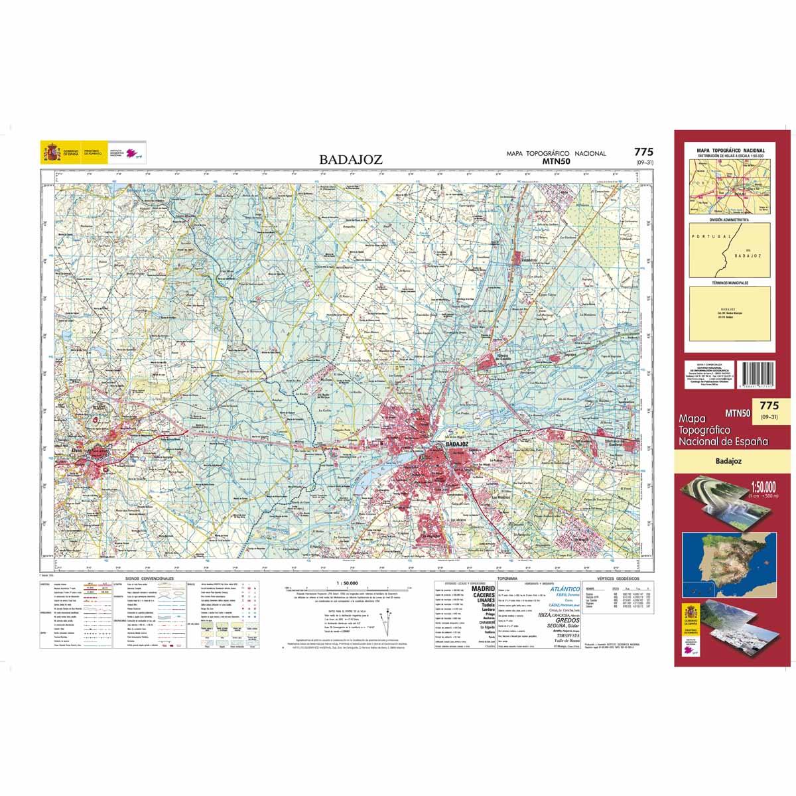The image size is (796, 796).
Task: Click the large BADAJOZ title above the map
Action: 350,159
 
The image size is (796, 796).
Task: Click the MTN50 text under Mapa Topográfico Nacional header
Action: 556,161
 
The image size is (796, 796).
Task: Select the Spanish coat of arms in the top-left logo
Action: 51,153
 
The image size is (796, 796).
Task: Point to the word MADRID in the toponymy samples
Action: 482,588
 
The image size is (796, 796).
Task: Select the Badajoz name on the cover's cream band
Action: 728,459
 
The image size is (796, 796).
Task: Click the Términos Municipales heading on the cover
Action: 729,283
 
